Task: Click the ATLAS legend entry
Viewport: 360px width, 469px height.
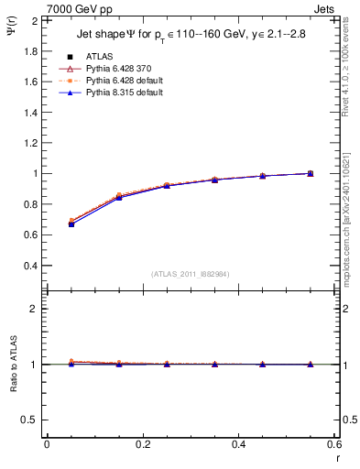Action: pos(99,58)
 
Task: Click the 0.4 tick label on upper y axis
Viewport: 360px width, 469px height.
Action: pos(30,266)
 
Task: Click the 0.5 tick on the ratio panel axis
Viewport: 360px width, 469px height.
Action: pos(30,420)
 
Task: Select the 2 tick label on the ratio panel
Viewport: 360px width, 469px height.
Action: pos(34,309)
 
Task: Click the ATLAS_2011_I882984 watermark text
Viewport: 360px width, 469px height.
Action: pos(191,274)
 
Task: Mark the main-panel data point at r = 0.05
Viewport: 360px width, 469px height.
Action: pos(71,223)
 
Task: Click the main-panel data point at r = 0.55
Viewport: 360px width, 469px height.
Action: pos(311,173)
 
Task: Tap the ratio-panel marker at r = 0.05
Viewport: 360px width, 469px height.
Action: pos(71,363)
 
